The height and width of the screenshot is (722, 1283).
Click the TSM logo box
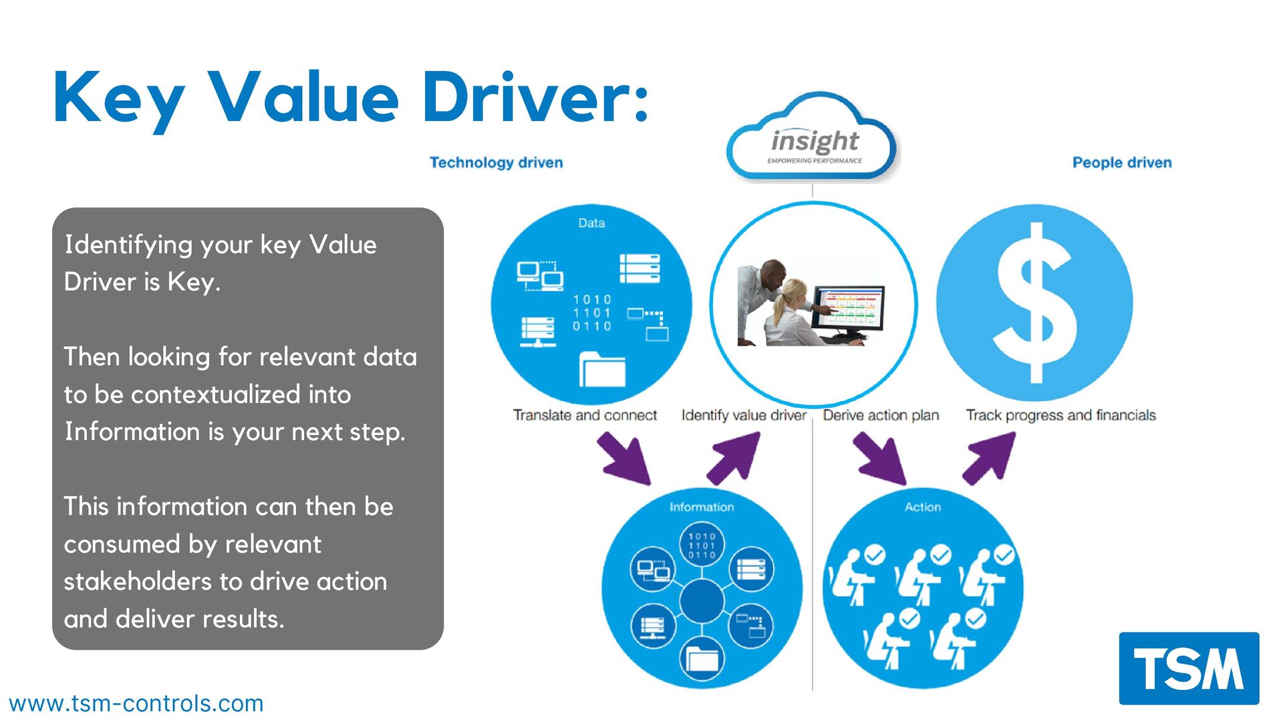[1189, 668]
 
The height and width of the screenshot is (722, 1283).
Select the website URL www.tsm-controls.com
[136, 703]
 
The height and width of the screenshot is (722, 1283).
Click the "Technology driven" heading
[496, 162]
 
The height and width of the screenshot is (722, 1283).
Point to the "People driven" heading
[1121, 162]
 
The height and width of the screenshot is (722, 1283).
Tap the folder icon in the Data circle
[601, 370]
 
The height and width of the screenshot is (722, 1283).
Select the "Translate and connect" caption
[585, 415]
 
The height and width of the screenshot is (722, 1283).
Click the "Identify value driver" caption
[743, 415]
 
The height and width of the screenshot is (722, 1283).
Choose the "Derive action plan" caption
[881, 415]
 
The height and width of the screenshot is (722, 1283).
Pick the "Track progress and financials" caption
[1060, 415]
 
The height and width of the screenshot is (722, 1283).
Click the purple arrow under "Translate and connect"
[625, 458]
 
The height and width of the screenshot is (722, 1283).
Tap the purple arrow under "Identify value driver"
[734, 458]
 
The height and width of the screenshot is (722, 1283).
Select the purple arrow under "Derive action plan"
[880, 458]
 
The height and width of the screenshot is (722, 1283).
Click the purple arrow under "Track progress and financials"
[990, 458]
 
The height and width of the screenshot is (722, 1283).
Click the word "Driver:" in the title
[535, 98]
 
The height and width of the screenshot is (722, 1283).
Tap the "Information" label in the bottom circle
[701, 507]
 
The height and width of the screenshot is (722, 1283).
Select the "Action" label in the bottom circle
[922, 507]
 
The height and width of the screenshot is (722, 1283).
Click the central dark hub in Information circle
[701, 600]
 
